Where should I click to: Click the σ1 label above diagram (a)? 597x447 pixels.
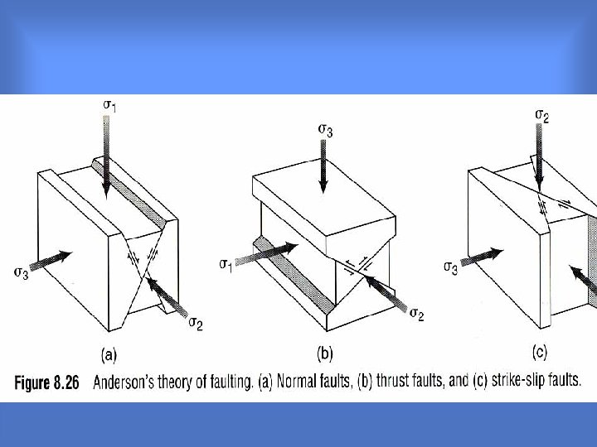tap(109, 105)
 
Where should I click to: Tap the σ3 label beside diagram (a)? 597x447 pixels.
tap(21, 272)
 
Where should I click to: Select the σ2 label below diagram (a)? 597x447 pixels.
tap(196, 324)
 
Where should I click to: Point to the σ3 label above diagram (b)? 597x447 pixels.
tap(326, 131)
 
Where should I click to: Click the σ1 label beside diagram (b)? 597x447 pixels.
tap(226, 265)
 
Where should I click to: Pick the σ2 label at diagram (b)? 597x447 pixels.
tap(417, 315)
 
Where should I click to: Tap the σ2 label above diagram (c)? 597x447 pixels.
tap(542, 116)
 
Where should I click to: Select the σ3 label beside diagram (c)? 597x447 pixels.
tap(450, 268)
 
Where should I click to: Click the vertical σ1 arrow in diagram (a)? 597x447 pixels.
tap(106, 157)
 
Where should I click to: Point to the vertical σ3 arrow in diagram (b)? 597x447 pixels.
tap(323, 166)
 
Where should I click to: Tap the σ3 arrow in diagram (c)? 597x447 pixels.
tap(482, 256)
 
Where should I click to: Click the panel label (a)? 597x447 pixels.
tap(109, 354)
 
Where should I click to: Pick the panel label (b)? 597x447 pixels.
tap(325, 353)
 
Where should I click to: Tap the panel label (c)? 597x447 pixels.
tap(540, 353)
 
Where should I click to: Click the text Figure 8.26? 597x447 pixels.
tap(46, 382)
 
